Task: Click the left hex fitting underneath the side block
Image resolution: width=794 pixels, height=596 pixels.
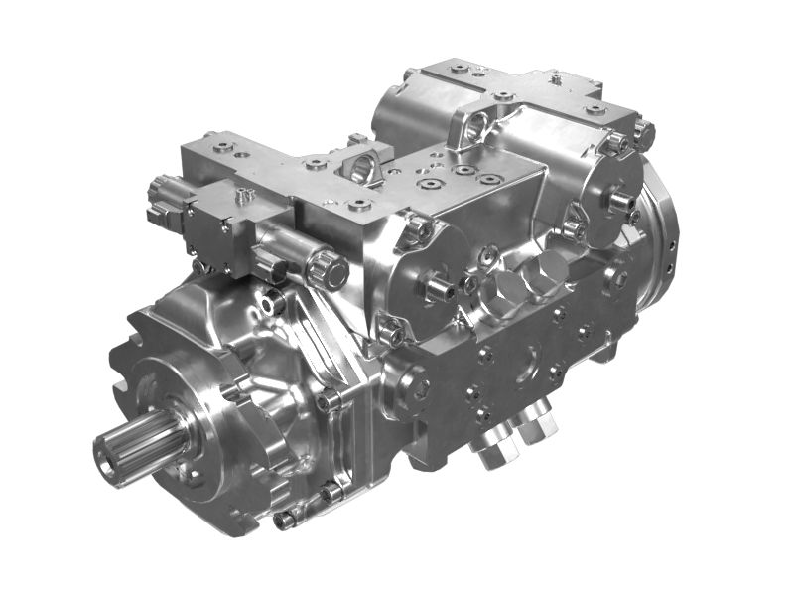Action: (492, 452)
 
